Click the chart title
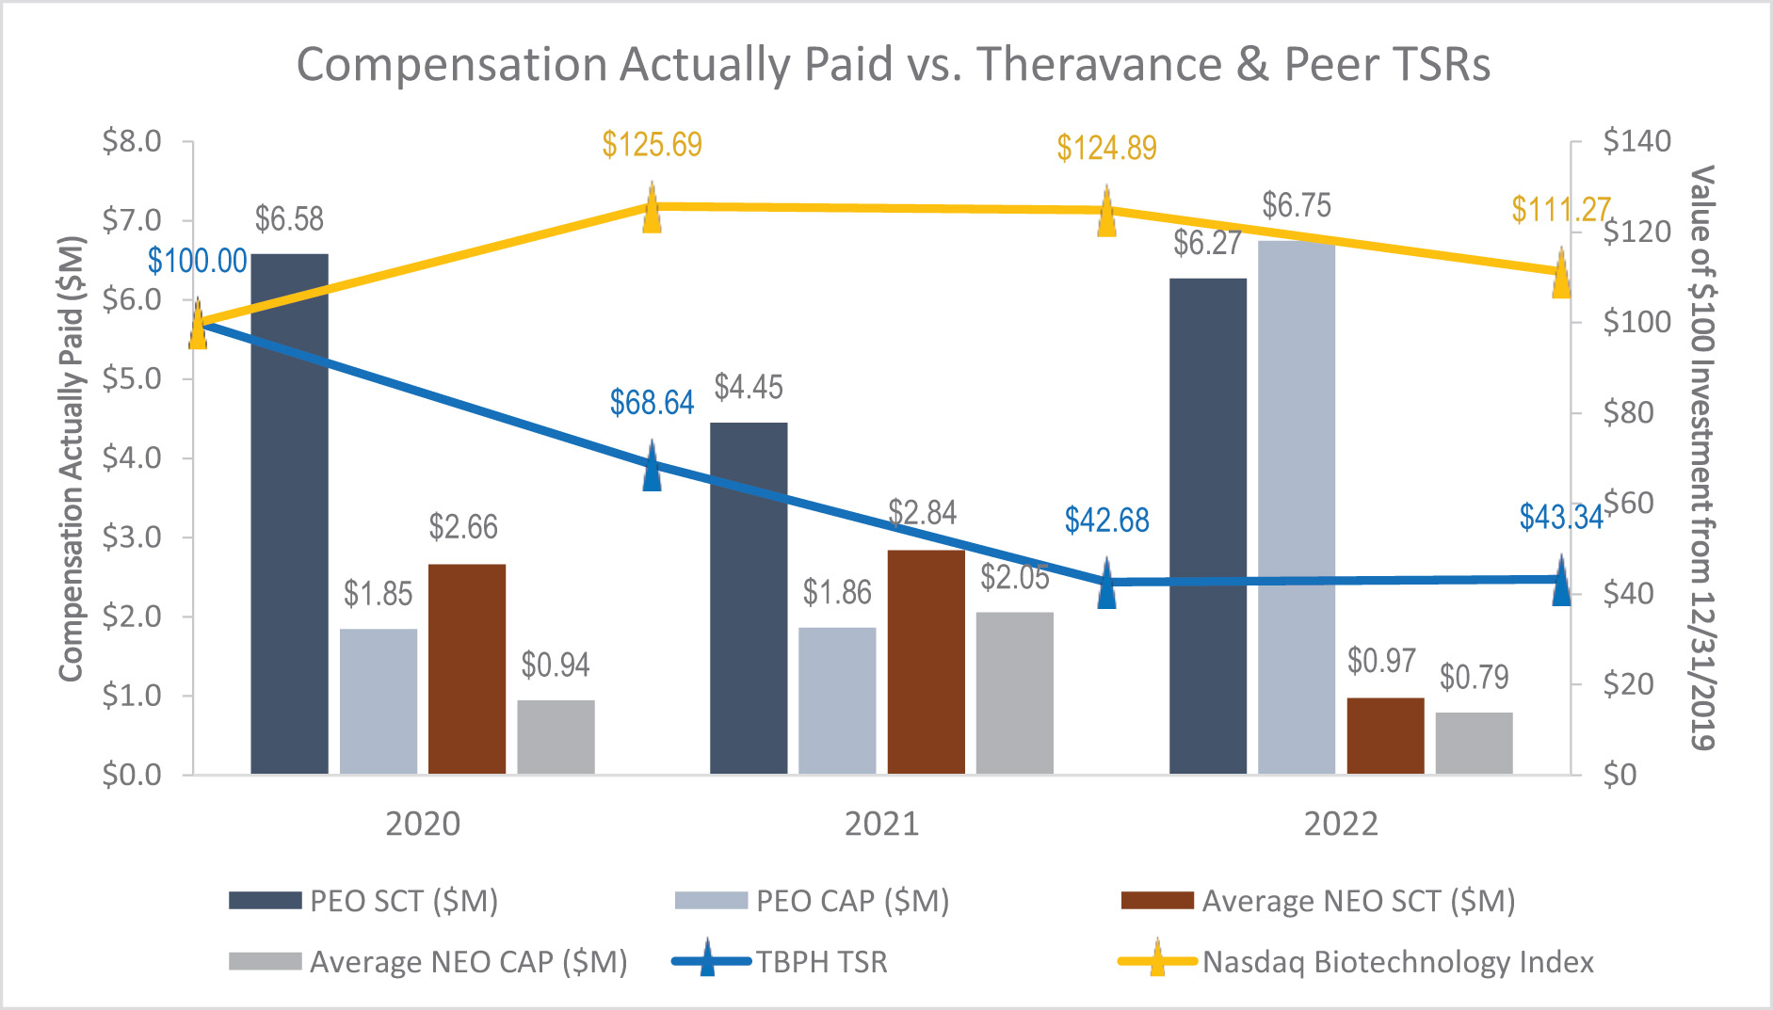point(893,65)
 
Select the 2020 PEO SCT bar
point(289,513)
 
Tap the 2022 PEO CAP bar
point(1296,508)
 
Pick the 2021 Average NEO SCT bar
point(926,662)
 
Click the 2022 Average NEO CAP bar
point(1474,743)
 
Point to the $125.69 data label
point(652,145)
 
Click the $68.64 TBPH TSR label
point(652,403)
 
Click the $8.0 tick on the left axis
point(132,141)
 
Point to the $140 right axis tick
point(1636,141)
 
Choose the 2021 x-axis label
point(881,824)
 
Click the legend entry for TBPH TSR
point(821,962)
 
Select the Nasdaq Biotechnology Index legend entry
point(1397,962)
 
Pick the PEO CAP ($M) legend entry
point(852,901)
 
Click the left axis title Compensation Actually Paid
point(72,457)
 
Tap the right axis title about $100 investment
point(1701,457)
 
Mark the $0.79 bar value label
point(1474,677)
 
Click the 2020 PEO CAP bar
point(378,701)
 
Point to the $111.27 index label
point(1560,209)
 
